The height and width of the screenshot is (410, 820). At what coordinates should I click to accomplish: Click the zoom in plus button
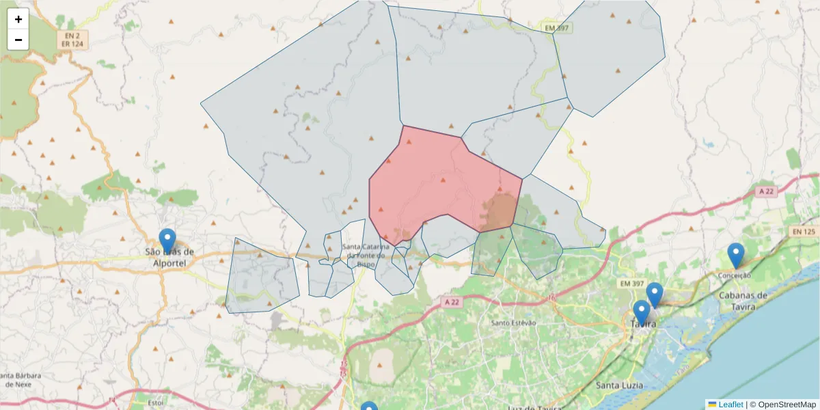coord(18,19)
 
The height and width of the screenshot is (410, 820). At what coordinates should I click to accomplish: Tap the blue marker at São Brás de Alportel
coord(167,241)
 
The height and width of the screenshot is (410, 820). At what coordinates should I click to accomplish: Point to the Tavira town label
coord(642,324)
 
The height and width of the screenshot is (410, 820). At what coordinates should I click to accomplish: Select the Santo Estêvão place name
coord(513,323)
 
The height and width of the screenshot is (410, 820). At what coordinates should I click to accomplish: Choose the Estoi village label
coord(155,402)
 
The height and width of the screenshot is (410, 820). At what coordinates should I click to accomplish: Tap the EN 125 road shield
coord(804,232)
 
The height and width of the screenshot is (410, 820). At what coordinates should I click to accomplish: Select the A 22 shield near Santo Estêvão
coord(450,301)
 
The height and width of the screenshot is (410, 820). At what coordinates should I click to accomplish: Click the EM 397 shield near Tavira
coord(633,283)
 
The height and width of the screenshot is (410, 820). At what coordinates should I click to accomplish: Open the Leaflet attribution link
coord(730,405)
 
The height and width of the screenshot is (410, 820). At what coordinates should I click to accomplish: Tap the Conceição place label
coord(735,275)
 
